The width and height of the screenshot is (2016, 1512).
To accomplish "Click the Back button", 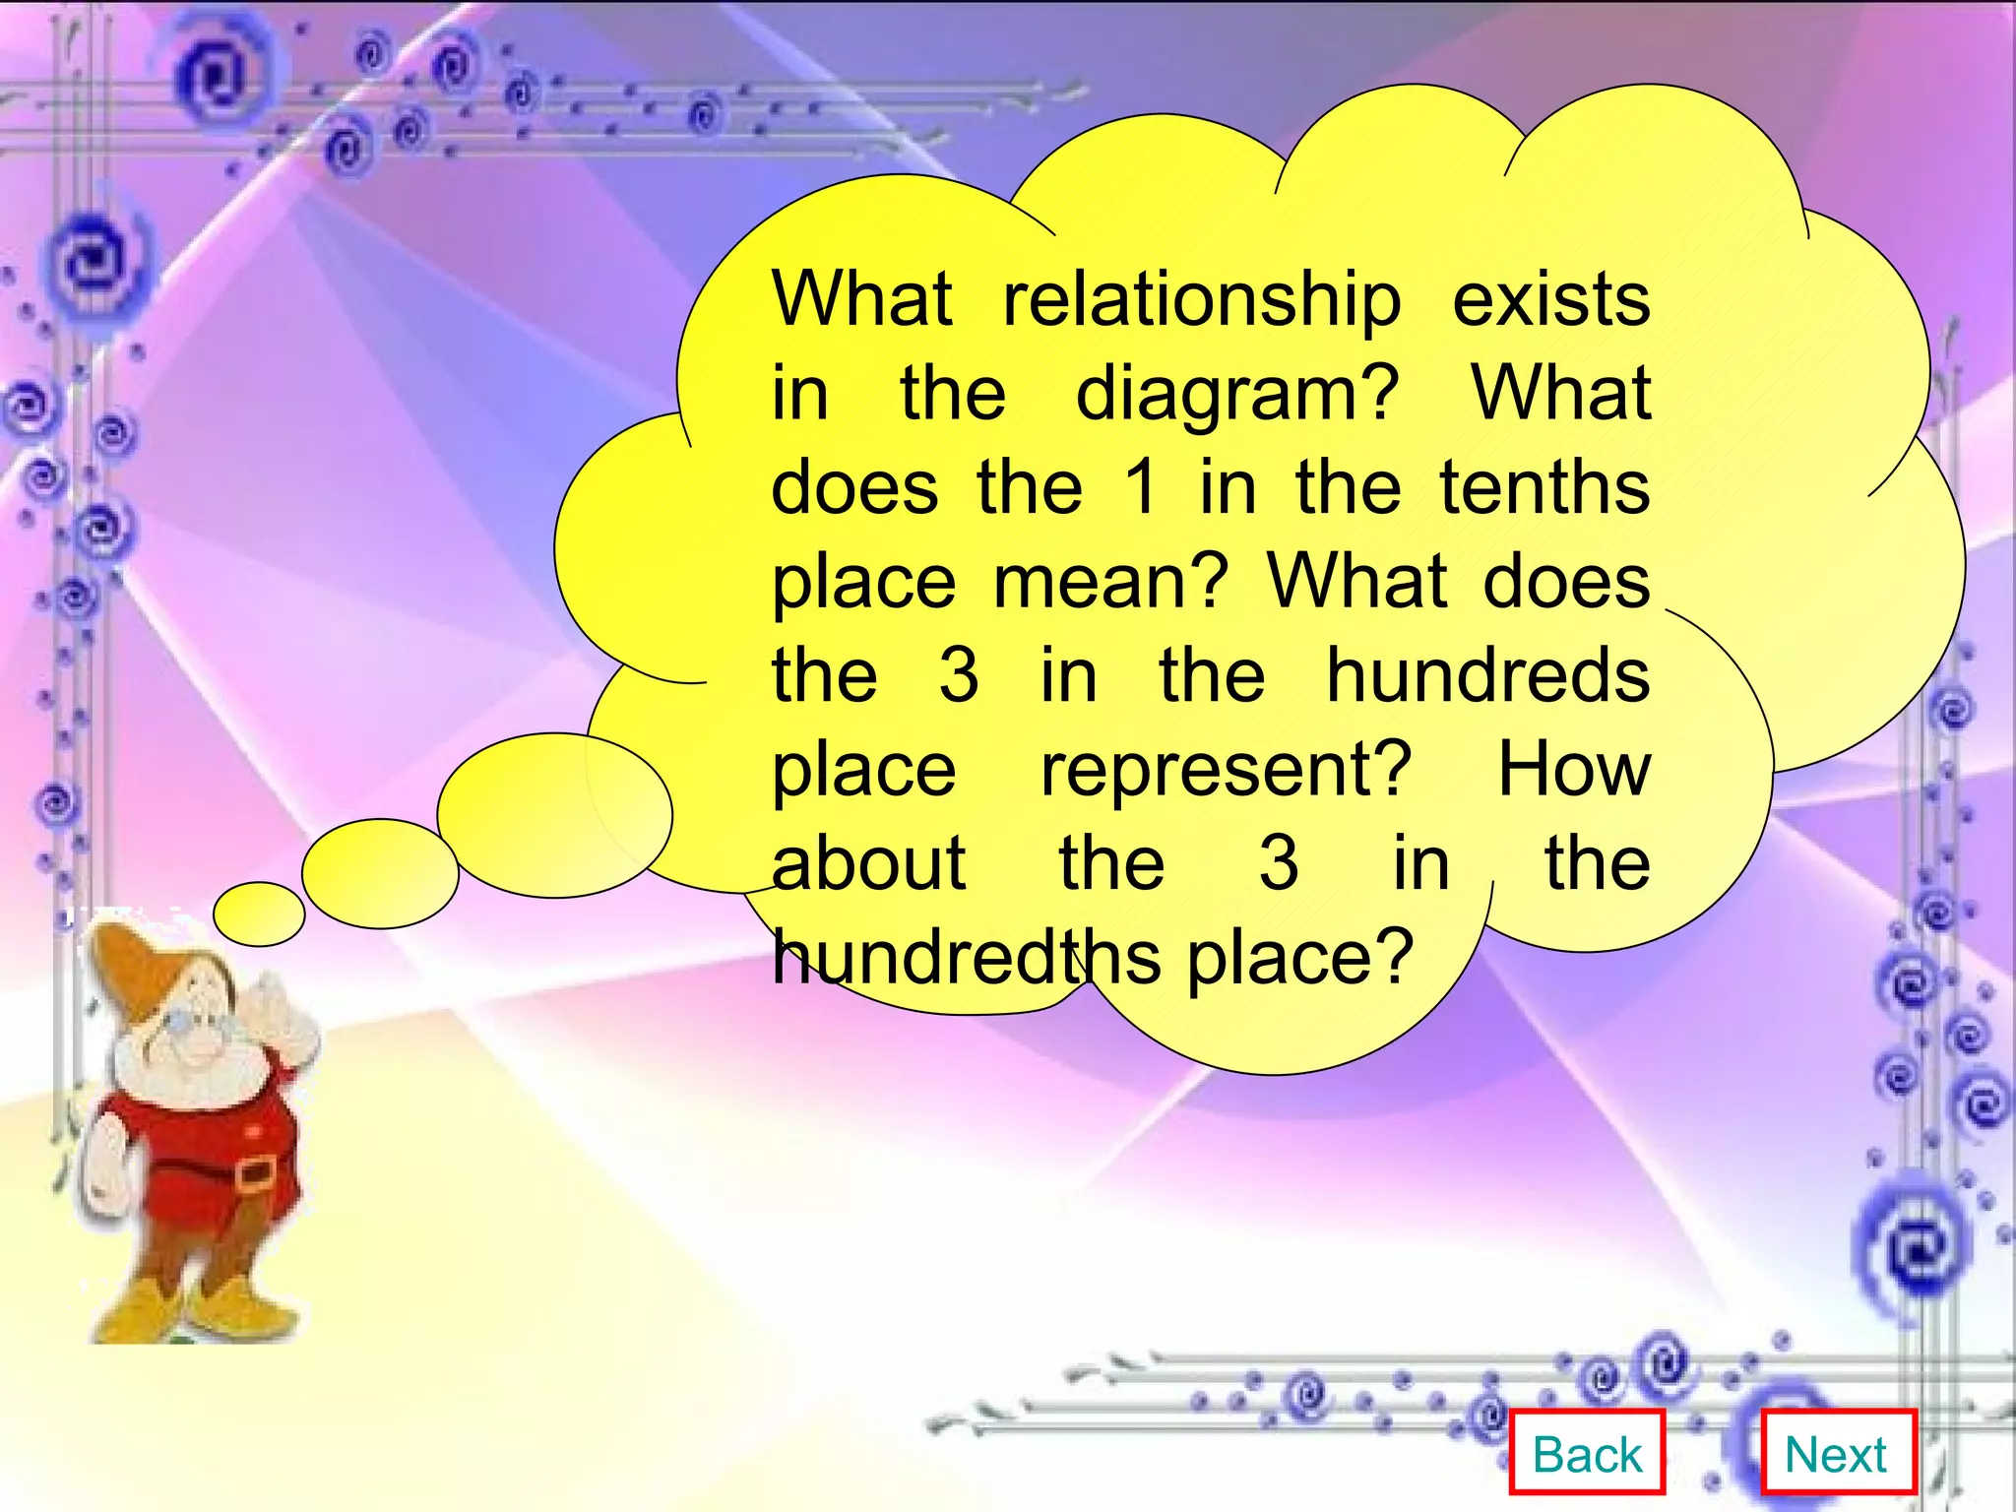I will [x=1587, y=1454].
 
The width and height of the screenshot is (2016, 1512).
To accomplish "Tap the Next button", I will [x=1837, y=1454].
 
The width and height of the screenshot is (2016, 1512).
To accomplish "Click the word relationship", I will [x=1202, y=300].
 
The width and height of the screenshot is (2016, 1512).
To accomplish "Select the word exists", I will [x=1551, y=299].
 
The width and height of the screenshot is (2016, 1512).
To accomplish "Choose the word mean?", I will [x=1111, y=583].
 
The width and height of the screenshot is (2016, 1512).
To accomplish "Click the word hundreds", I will [x=1487, y=675].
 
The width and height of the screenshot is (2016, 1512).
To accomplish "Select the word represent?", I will [x=1227, y=771].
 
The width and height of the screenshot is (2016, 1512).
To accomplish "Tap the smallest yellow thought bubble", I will [x=259, y=913].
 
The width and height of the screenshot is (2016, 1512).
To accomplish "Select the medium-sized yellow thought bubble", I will [x=380, y=873].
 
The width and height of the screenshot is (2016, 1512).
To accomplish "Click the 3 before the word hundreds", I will [x=959, y=675].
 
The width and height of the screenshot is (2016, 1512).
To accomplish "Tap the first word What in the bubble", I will [x=862, y=299].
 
